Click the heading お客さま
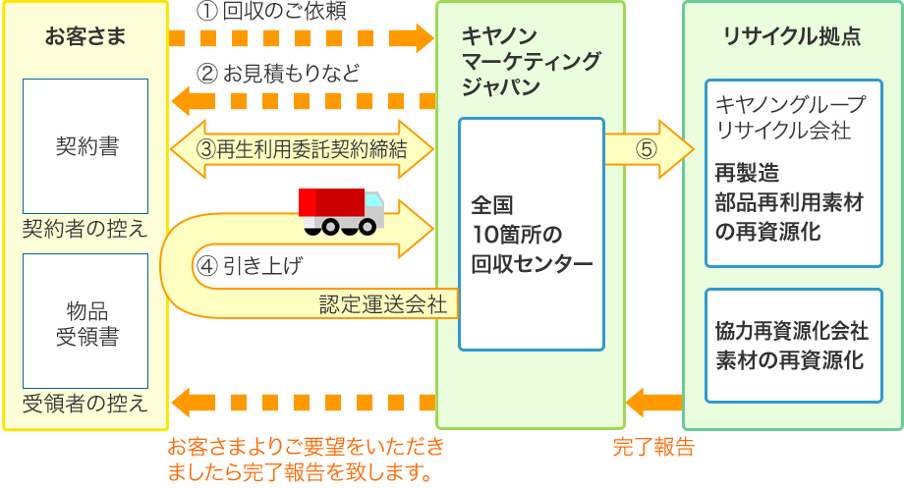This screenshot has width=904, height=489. click(x=85, y=37)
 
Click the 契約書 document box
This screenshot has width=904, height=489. click(x=85, y=146)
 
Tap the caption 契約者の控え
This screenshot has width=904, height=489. click(x=85, y=229)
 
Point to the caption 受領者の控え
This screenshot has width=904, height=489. click(x=85, y=403)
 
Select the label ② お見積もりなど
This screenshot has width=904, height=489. click(x=278, y=74)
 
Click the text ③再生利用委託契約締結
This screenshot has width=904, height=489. click(x=302, y=150)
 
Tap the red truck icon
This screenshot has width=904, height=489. click(x=341, y=211)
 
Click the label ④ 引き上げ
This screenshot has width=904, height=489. click(x=250, y=265)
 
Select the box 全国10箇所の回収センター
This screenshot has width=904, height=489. click(x=531, y=234)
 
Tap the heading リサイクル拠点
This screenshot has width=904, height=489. click(x=792, y=37)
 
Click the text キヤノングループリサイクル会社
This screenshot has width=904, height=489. click(x=792, y=115)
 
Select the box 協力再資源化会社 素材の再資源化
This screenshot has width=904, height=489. click(x=792, y=344)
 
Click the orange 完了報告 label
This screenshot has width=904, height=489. click(x=653, y=447)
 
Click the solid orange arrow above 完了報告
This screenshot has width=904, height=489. click(x=653, y=402)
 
